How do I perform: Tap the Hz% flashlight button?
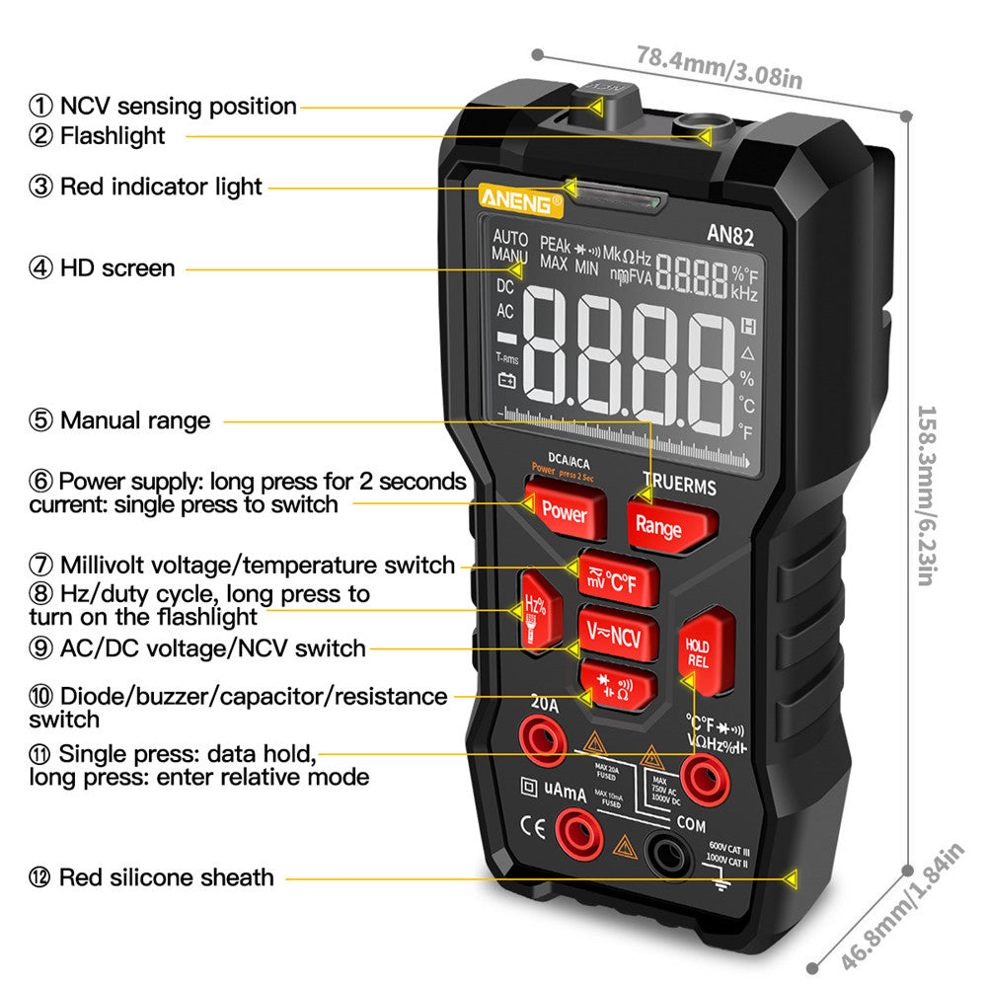(537, 612)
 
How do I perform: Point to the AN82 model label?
(731, 234)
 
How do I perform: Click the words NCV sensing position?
(178, 106)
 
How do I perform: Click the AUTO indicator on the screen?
(510, 238)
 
